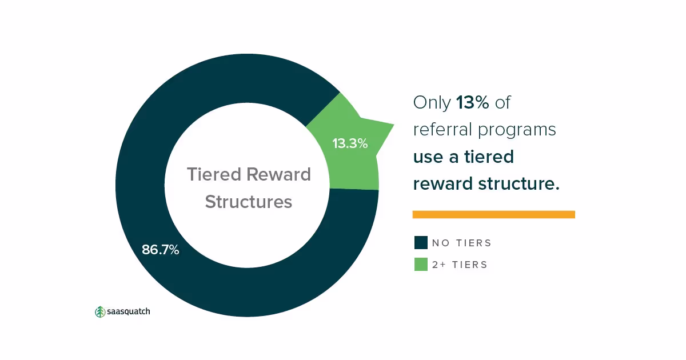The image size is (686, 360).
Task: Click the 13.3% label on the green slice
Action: point(350,143)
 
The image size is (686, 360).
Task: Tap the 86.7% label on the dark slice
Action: point(161,250)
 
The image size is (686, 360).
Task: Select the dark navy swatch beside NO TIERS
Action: point(421,242)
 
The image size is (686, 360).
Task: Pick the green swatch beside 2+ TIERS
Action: point(421,264)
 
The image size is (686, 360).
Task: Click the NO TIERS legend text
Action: point(461,243)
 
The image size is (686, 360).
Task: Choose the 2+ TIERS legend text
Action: point(460,265)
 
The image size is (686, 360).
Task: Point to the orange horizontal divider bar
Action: point(494,214)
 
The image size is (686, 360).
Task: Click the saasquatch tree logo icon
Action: point(100,311)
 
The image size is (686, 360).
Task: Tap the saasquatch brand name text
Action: point(128,311)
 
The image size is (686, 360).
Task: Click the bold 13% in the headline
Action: point(473,102)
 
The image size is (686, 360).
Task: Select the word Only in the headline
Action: point(432,103)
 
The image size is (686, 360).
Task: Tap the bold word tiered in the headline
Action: point(489,157)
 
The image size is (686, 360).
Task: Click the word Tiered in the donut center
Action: point(214,174)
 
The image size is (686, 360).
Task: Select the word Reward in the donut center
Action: point(279,174)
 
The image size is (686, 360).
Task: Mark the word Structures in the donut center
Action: point(249,202)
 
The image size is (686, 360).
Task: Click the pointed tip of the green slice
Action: point(393,125)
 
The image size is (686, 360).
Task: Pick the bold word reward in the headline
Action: point(443,183)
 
